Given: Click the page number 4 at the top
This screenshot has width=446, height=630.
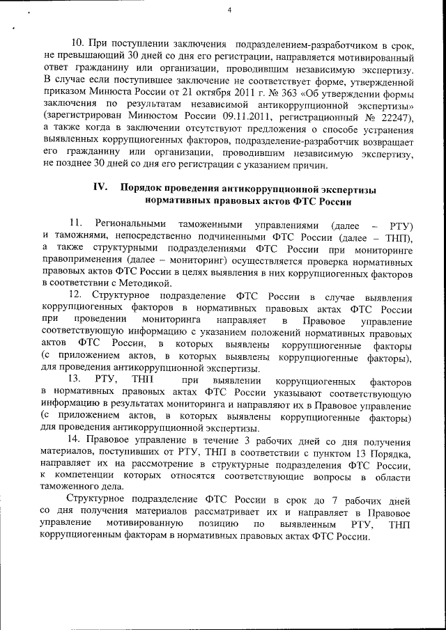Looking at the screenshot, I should tap(229, 9).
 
